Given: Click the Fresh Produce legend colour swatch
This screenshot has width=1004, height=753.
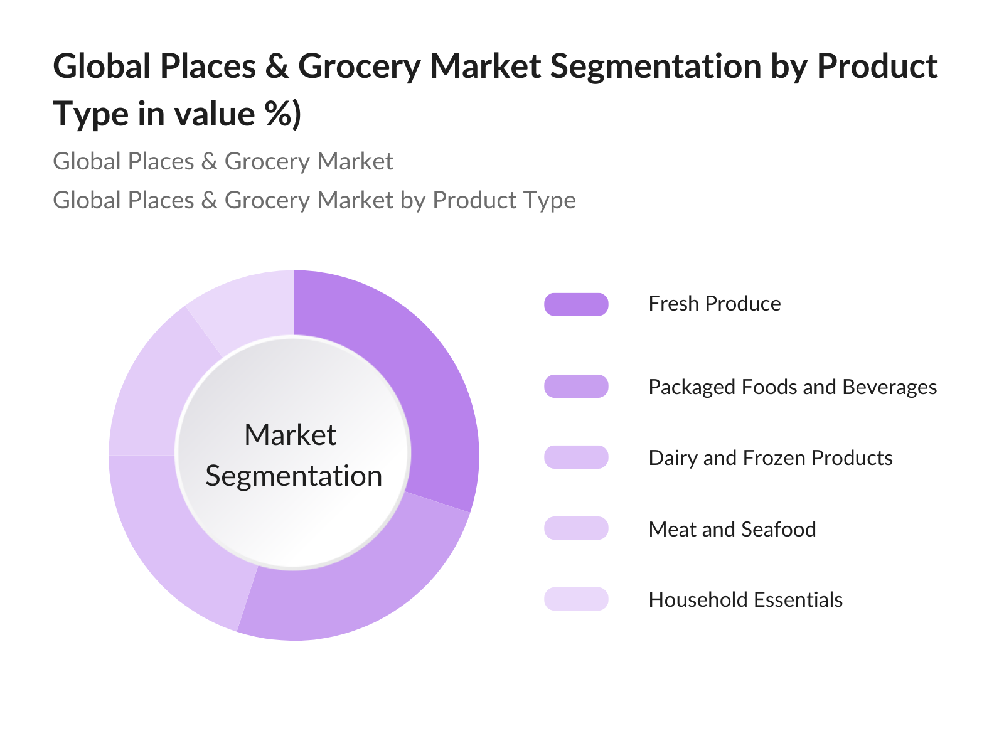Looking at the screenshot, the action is pos(576,304).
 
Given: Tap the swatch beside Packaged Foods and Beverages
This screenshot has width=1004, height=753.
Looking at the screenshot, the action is pos(576,387).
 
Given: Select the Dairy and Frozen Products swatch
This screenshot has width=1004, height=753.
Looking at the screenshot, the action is pos(576,457).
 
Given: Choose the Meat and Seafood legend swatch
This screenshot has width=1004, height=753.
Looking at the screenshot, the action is pos(576,528).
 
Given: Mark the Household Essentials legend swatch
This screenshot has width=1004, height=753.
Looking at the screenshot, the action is pos(576,599).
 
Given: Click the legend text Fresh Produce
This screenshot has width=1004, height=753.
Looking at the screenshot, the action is pos(715,304).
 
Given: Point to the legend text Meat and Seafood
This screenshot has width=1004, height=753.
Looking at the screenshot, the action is pos(732,529).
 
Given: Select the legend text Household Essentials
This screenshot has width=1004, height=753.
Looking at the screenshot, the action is pos(745,599).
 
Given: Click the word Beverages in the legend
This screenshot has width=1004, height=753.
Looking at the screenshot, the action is pos(890,388).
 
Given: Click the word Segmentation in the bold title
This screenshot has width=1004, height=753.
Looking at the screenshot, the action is pos(656,67).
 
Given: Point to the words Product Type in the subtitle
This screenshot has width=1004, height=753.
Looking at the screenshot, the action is pos(504,200).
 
